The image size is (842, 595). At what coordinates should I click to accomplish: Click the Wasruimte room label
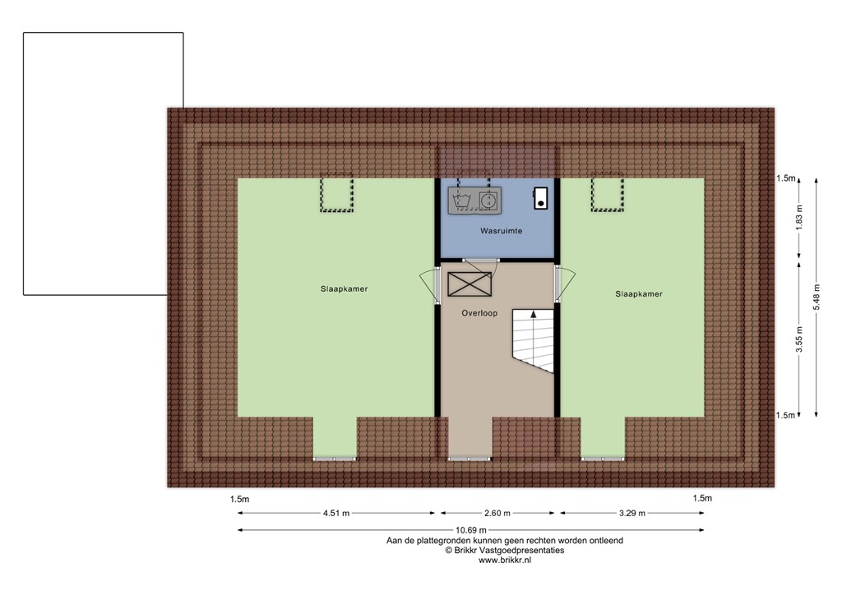(x=501, y=232)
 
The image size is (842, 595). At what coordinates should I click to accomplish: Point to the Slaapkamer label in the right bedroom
(x=638, y=293)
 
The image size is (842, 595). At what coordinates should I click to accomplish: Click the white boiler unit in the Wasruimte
(x=540, y=197)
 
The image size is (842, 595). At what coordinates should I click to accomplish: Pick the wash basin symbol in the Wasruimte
(x=461, y=200)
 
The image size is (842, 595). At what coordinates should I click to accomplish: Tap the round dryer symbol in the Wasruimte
(x=488, y=200)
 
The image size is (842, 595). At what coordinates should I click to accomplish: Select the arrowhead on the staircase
(x=534, y=313)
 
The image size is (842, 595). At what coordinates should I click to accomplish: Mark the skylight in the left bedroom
(x=335, y=195)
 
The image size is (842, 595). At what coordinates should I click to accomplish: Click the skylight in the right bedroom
(x=608, y=195)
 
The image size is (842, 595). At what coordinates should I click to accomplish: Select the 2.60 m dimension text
(x=498, y=514)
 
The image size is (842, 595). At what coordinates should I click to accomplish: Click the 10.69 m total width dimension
(x=470, y=530)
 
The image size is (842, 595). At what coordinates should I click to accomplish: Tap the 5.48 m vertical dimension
(x=817, y=297)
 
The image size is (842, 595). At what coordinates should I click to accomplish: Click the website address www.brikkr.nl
(x=505, y=560)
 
